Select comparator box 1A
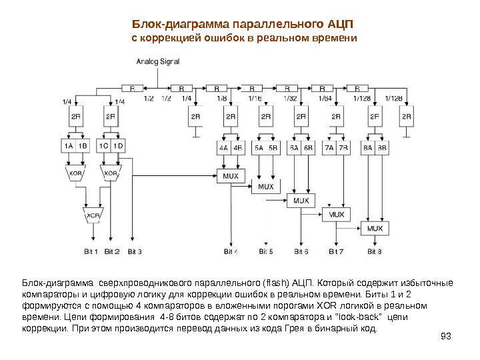click(x=69, y=145)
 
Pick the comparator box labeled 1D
click(x=119, y=145)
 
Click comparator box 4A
click(x=223, y=148)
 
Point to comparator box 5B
click(x=273, y=148)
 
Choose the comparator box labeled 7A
click(x=329, y=148)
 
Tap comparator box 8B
click(x=382, y=148)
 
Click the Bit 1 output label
click(x=91, y=251)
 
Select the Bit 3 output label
click(x=134, y=251)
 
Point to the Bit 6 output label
click(x=301, y=251)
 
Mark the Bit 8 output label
click(x=375, y=251)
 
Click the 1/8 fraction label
click(x=221, y=98)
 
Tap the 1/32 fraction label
click(x=290, y=98)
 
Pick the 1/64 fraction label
click(x=325, y=98)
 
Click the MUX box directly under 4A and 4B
click(x=231, y=175)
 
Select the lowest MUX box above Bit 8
click(x=375, y=228)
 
